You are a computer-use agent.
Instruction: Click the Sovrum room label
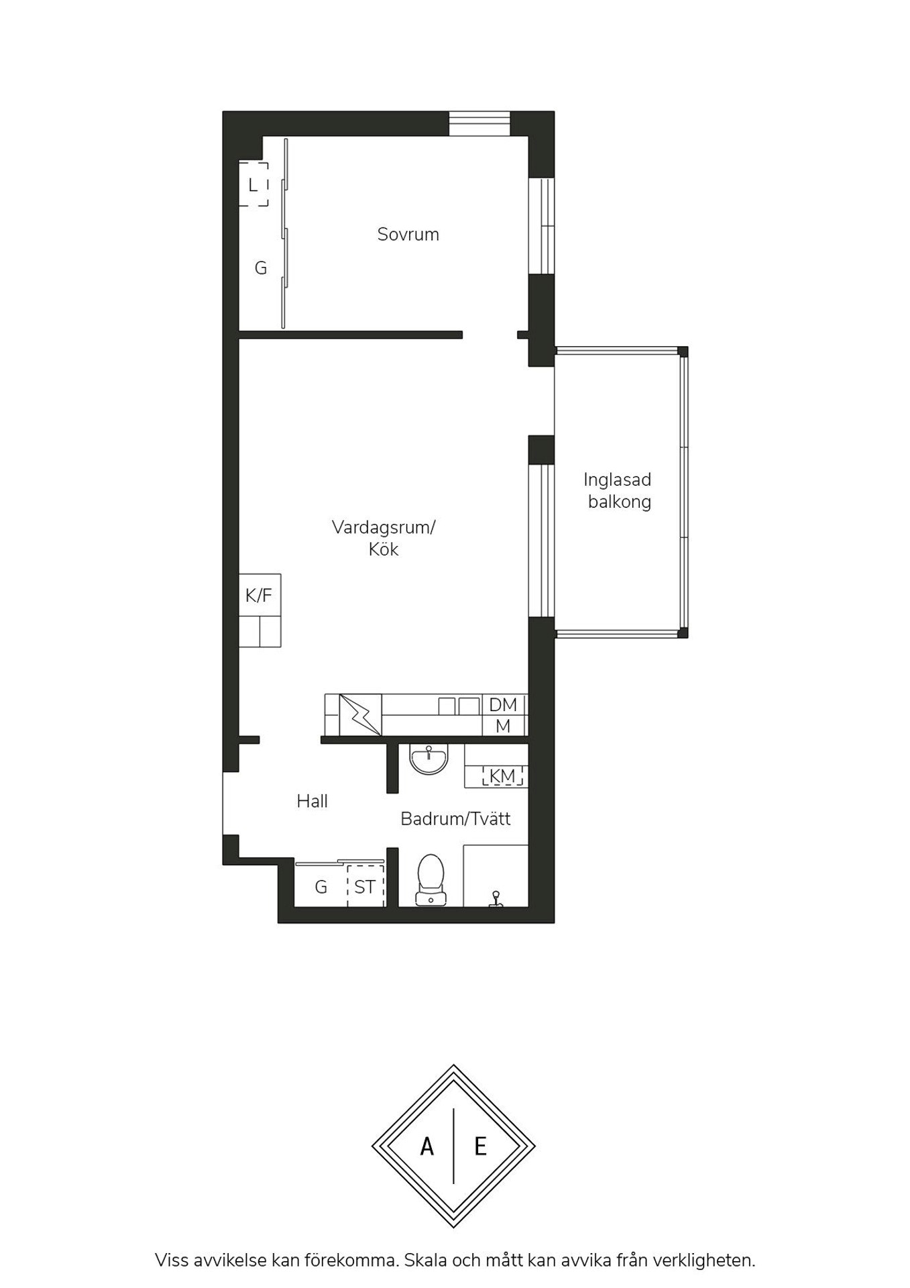408,234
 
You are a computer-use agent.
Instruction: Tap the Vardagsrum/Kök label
384,538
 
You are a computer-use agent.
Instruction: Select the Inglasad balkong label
618,490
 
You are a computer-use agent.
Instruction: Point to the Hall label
312,801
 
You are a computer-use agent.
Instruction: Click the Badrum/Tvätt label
455,818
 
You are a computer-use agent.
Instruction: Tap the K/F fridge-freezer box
260,595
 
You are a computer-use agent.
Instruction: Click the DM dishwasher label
503,705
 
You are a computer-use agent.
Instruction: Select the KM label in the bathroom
502,776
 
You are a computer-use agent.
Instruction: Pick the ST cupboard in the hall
365,887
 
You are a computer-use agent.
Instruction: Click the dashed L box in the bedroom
253,184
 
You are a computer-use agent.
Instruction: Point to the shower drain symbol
496,899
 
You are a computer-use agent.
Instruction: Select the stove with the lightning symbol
360,714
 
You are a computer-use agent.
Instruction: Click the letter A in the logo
426,1147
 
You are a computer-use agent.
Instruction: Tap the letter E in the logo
480,1147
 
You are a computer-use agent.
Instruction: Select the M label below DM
503,726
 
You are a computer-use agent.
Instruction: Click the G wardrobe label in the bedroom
261,268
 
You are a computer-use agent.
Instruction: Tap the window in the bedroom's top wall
479,123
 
